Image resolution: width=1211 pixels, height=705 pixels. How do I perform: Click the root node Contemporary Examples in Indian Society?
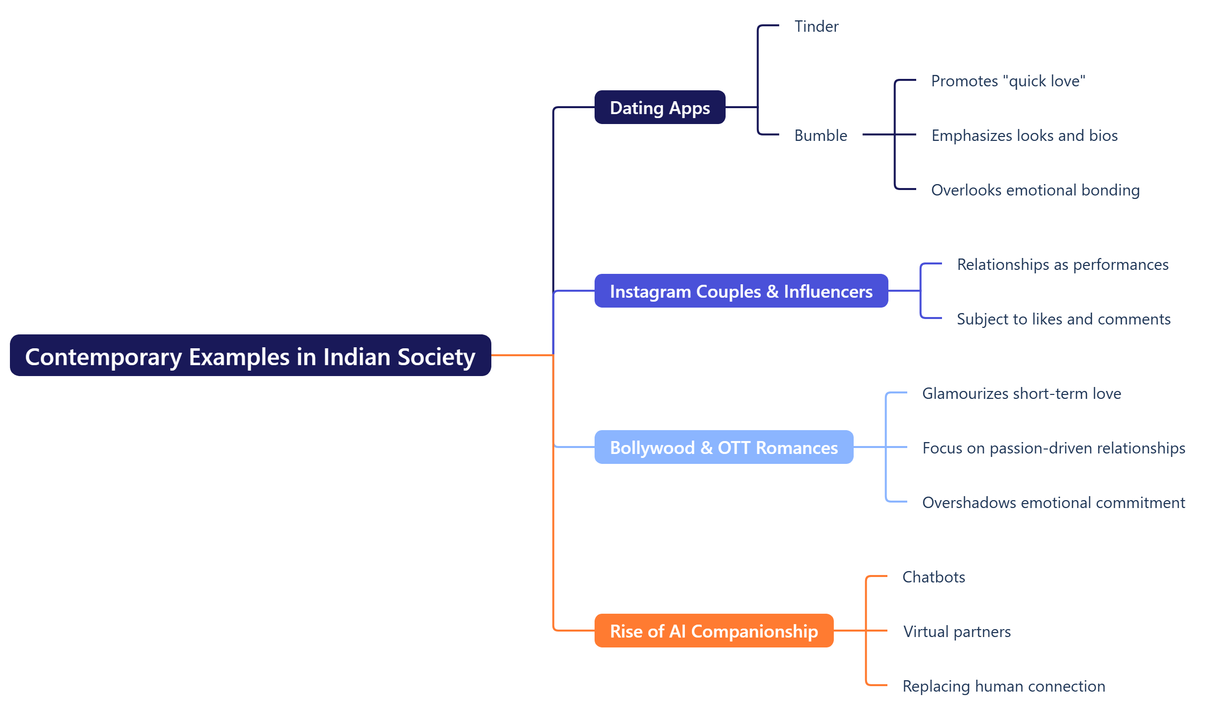(250, 356)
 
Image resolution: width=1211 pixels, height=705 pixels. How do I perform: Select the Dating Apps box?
(660, 108)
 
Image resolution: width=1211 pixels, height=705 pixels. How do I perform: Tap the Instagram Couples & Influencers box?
(741, 291)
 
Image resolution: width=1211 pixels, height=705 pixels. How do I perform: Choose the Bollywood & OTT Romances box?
(724, 448)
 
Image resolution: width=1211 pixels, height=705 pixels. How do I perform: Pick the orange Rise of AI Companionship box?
(714, 631)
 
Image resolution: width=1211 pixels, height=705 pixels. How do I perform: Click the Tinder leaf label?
(816, 26)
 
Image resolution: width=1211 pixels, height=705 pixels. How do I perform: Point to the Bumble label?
(820, 135)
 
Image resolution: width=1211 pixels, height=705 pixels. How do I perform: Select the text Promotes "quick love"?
(1008, 81)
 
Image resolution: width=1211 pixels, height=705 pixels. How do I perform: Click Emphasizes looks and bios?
(1024, 135)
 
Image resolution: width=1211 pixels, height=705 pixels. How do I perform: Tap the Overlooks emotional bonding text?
(1035, 190)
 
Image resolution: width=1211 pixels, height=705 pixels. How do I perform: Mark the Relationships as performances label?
(1063, 264)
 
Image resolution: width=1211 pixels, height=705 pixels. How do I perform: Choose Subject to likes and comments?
(1064, 319)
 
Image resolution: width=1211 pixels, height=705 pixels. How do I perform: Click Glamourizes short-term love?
(1021, 393)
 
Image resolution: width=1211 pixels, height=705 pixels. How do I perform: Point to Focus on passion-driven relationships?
(1054, 448)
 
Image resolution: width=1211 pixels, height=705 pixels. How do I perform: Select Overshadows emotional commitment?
(1054, 503)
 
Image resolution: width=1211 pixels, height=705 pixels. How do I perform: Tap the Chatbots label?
(934, 577)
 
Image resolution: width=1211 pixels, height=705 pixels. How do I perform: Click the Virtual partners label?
(957, 632)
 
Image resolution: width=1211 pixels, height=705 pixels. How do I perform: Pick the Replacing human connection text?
(1004, 686)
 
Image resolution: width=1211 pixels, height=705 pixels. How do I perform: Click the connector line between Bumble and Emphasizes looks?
(878, 134)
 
